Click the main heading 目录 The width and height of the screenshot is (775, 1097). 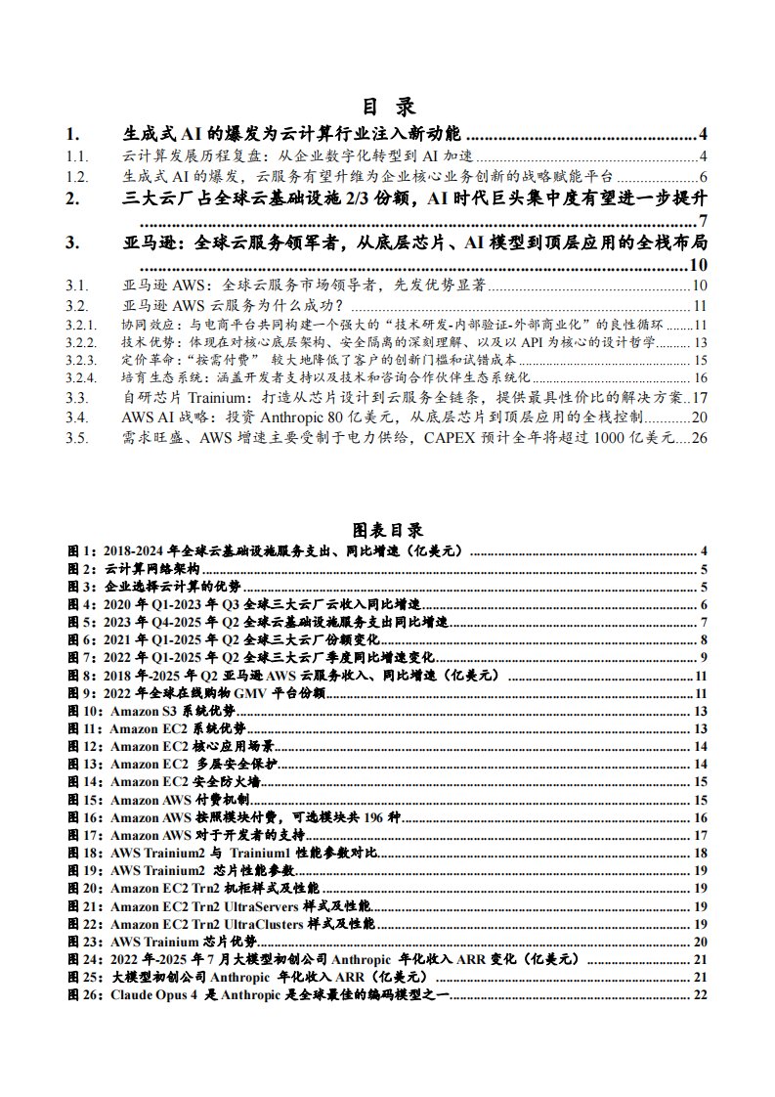(x=388, y=107)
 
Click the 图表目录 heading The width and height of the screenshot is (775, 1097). (x=387, y=530)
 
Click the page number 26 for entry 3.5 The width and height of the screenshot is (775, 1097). (x=699, y=439)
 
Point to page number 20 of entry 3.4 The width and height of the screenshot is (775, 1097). (x=699, y=418)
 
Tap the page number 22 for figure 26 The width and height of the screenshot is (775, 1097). (x=700, y=994)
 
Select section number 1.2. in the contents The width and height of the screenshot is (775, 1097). (x=77, y=177)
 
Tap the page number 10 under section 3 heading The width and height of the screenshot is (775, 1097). (x=698, y=265)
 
